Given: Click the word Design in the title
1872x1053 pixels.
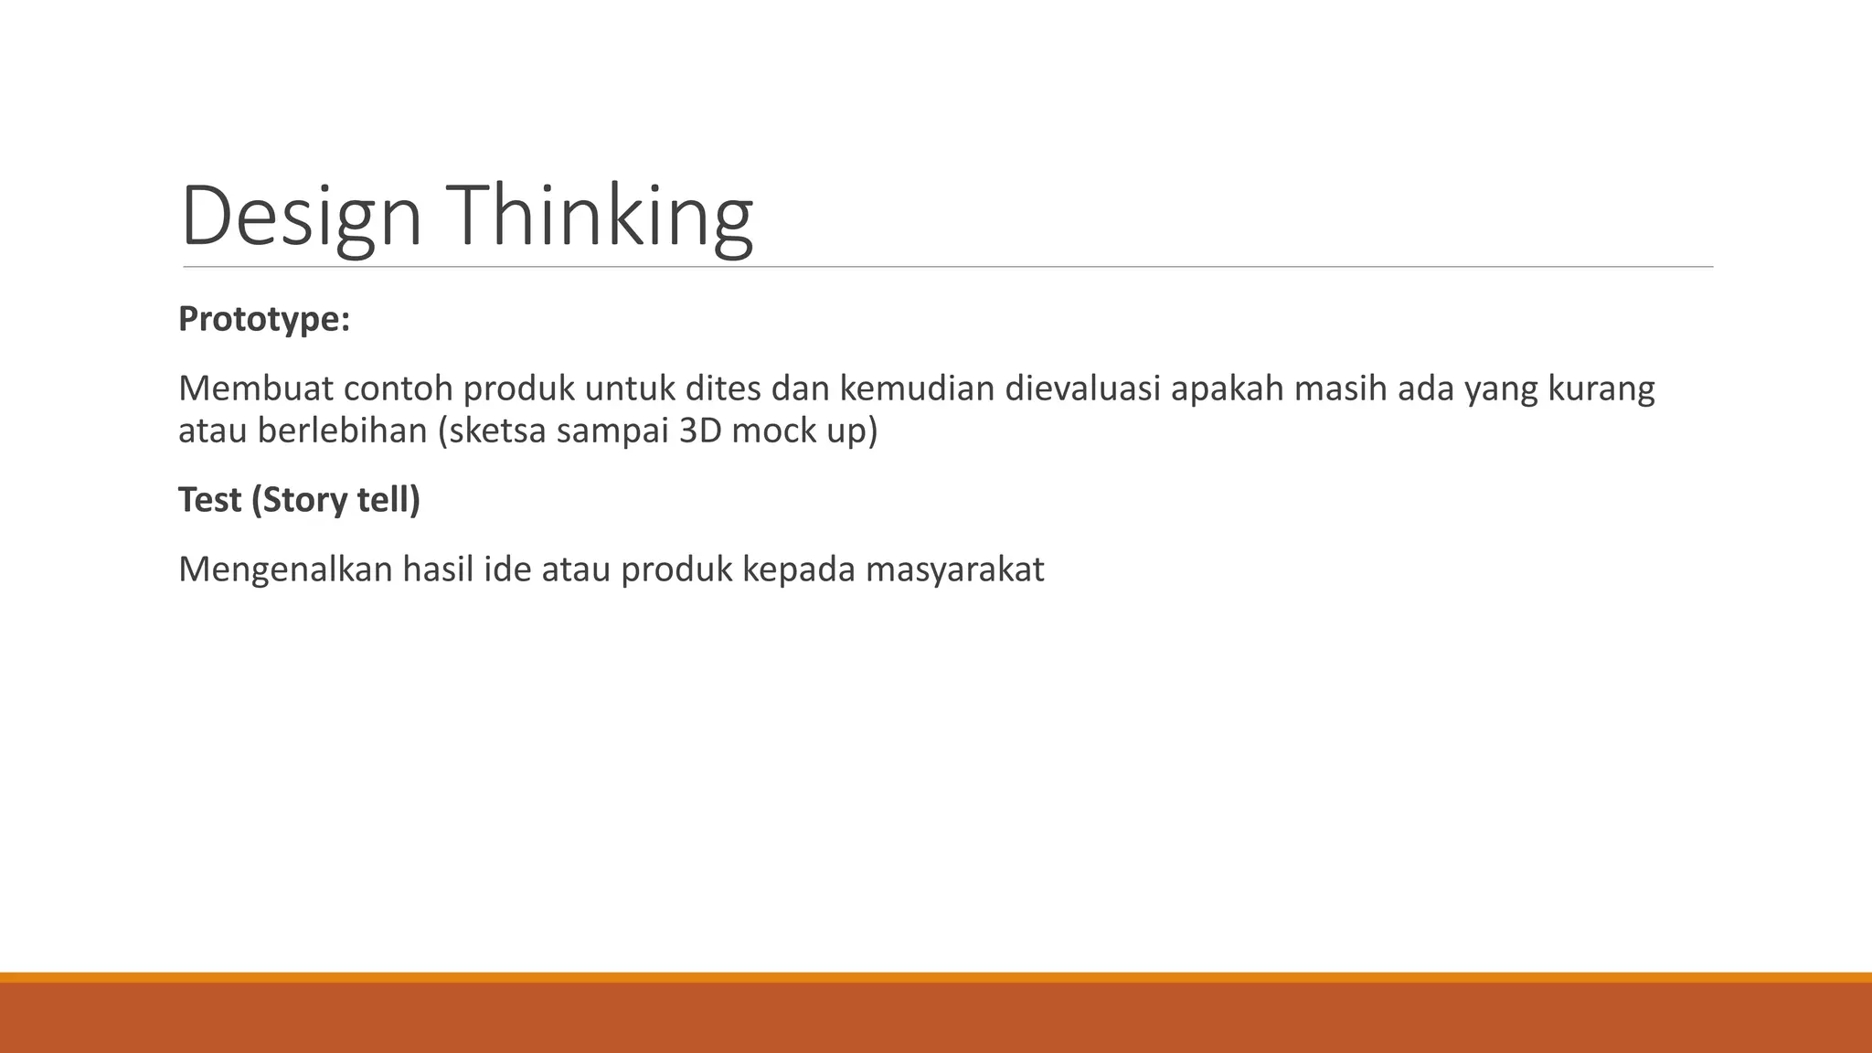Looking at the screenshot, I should click(x=301, y=217).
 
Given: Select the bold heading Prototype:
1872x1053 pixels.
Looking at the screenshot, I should click(x=264, y=319).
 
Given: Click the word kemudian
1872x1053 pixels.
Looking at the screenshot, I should click(x=917, y=388).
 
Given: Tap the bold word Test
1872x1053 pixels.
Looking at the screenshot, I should click(x=209, y=500).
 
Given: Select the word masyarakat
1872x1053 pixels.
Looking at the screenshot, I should click(x=954, y=570).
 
